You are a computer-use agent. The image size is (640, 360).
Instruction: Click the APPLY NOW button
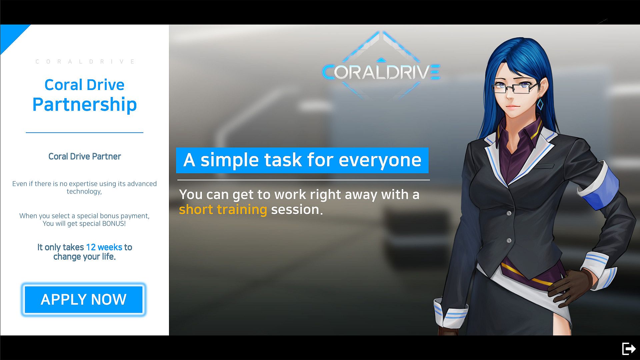[84, 299]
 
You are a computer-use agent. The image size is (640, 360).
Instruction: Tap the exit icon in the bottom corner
[629, 349]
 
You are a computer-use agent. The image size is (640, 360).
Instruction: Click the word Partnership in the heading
[85, 104]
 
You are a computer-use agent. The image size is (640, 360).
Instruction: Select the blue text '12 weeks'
[104, 247]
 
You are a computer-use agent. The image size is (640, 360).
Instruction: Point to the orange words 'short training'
[223, 210]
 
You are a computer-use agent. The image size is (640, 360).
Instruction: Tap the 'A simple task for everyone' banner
[302, 160]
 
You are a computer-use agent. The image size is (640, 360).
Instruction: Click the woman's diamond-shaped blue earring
[540, 104]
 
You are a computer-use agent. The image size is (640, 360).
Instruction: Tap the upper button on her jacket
[509, 213]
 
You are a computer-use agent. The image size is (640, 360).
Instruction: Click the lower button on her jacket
[509, 240]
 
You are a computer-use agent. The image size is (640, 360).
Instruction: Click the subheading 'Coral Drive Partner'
[85, 156]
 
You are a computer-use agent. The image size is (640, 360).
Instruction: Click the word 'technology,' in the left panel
[84, 191]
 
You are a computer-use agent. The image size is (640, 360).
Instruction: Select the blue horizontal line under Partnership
[85, 133]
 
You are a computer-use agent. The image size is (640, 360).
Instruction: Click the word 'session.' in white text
[297, 210]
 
